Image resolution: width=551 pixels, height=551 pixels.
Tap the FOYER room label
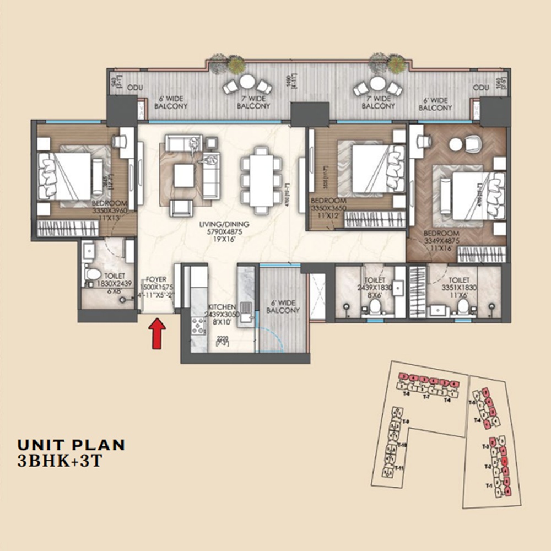(153, 279)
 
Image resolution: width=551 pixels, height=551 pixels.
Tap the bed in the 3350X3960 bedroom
(65, 176)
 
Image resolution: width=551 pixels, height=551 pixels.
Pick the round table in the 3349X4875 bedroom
(455, 144)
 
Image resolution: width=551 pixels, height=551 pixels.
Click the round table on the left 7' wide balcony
(247, 83)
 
